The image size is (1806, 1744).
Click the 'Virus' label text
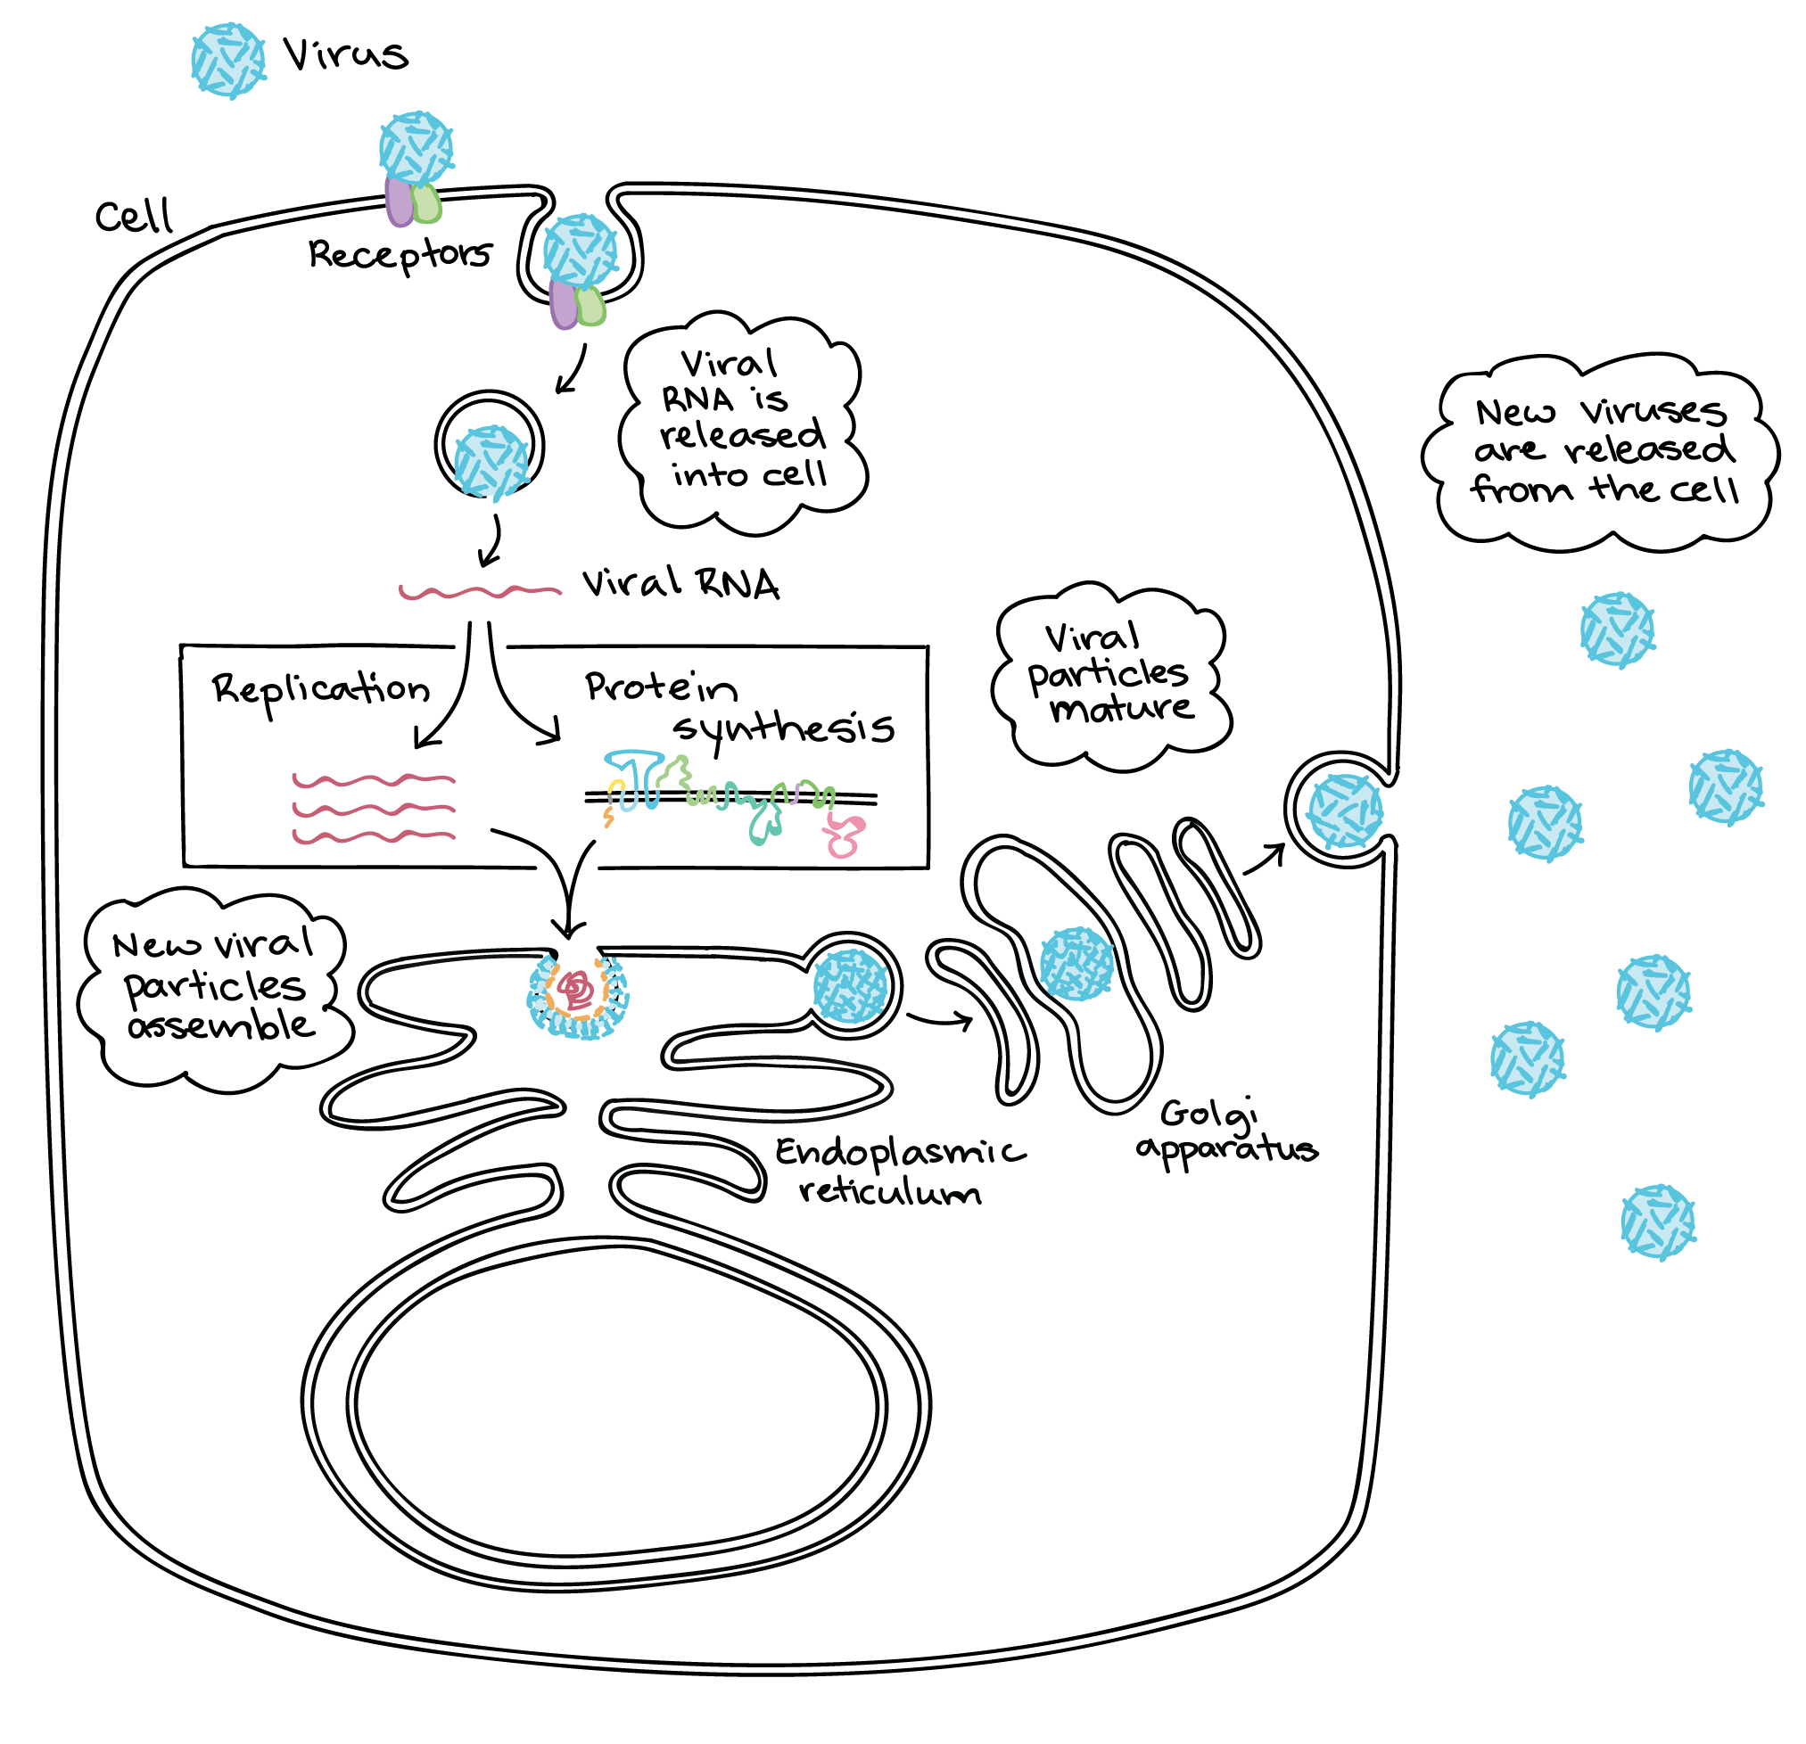click(x=345, y=54)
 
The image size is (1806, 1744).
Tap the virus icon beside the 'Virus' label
click(x=228, y=61)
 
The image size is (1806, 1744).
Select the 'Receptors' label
click(x=400, y=254)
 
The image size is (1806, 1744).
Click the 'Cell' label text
click(x=134, y=217)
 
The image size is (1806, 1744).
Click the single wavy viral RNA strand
click(x=480, y=590)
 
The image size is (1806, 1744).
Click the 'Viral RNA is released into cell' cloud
click(x=743, y=423)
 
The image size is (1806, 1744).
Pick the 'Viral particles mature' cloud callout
click(x=1111, y=676)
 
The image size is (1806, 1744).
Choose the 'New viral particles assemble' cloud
click(x=216, y=990)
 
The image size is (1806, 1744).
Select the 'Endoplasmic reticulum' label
click(x=900, y=1171)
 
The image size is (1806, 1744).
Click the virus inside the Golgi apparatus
click(x=1076, y=964)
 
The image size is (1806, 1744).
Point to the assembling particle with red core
click(x=578, y=995)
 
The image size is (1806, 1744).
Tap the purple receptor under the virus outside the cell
click(x=399, y=202)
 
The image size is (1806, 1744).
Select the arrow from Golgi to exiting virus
click(x=1265, y=859)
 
